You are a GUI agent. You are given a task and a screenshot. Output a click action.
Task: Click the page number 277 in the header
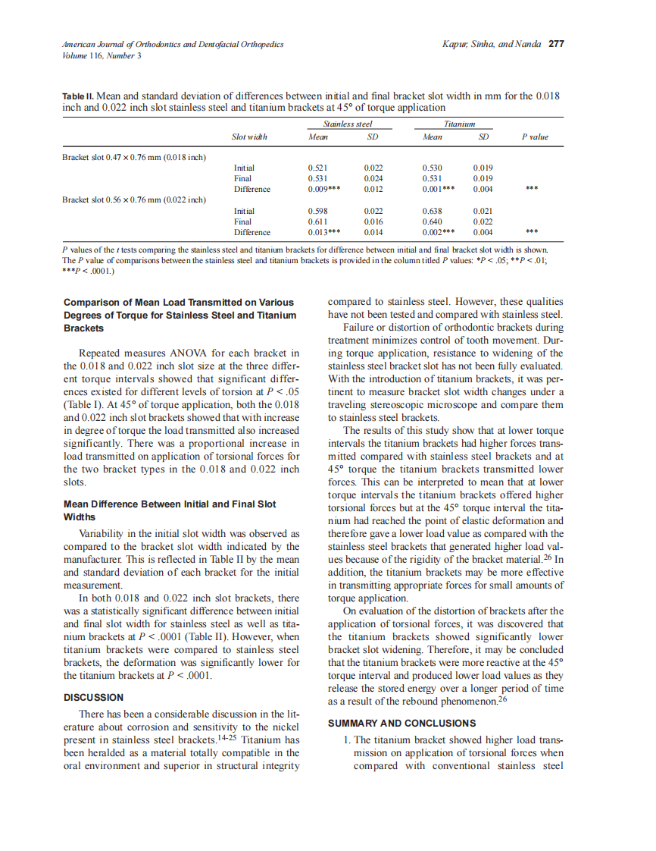click(x=556, y=44)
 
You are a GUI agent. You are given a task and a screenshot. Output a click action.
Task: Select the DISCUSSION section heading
click(x=93, y=697)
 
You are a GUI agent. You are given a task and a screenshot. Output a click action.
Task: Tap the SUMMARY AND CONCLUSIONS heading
click(x=401, y=723)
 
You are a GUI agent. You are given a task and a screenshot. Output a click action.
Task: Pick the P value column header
click(x=535, y=137)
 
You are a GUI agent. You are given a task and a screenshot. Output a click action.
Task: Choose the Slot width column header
click(x=249, y=137)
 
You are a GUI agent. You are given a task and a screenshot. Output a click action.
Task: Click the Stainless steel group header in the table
click(x=348, y=123)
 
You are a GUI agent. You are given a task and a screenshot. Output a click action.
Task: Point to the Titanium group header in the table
click(x=459, y=123)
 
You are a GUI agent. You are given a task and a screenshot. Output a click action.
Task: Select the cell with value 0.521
click(x=318, y=168)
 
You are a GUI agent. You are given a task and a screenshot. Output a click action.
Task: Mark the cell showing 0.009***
click(x=324, y=189)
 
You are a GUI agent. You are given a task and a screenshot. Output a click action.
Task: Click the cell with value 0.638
click(x=433, y=211)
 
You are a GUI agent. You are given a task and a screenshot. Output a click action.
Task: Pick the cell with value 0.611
click(x=318, y=221)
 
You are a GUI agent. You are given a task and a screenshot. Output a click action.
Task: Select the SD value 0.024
click(x=373, y=178)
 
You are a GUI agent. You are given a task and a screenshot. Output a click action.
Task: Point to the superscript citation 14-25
click(x=226, y=738)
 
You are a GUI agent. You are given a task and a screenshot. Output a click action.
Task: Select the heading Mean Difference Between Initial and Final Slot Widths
click(x=170, y=510)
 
